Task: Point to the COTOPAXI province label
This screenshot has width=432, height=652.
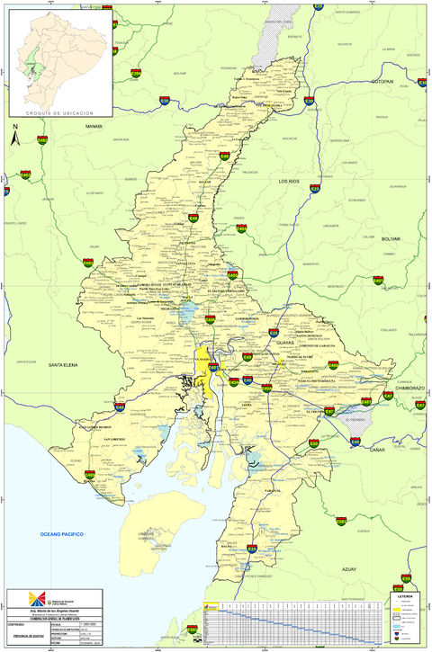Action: click(383, 81)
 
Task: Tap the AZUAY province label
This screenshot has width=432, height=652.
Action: click(348, 569)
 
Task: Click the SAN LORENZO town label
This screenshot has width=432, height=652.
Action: click(119, 439)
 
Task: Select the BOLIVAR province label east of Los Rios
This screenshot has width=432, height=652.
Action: click(390, 240)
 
